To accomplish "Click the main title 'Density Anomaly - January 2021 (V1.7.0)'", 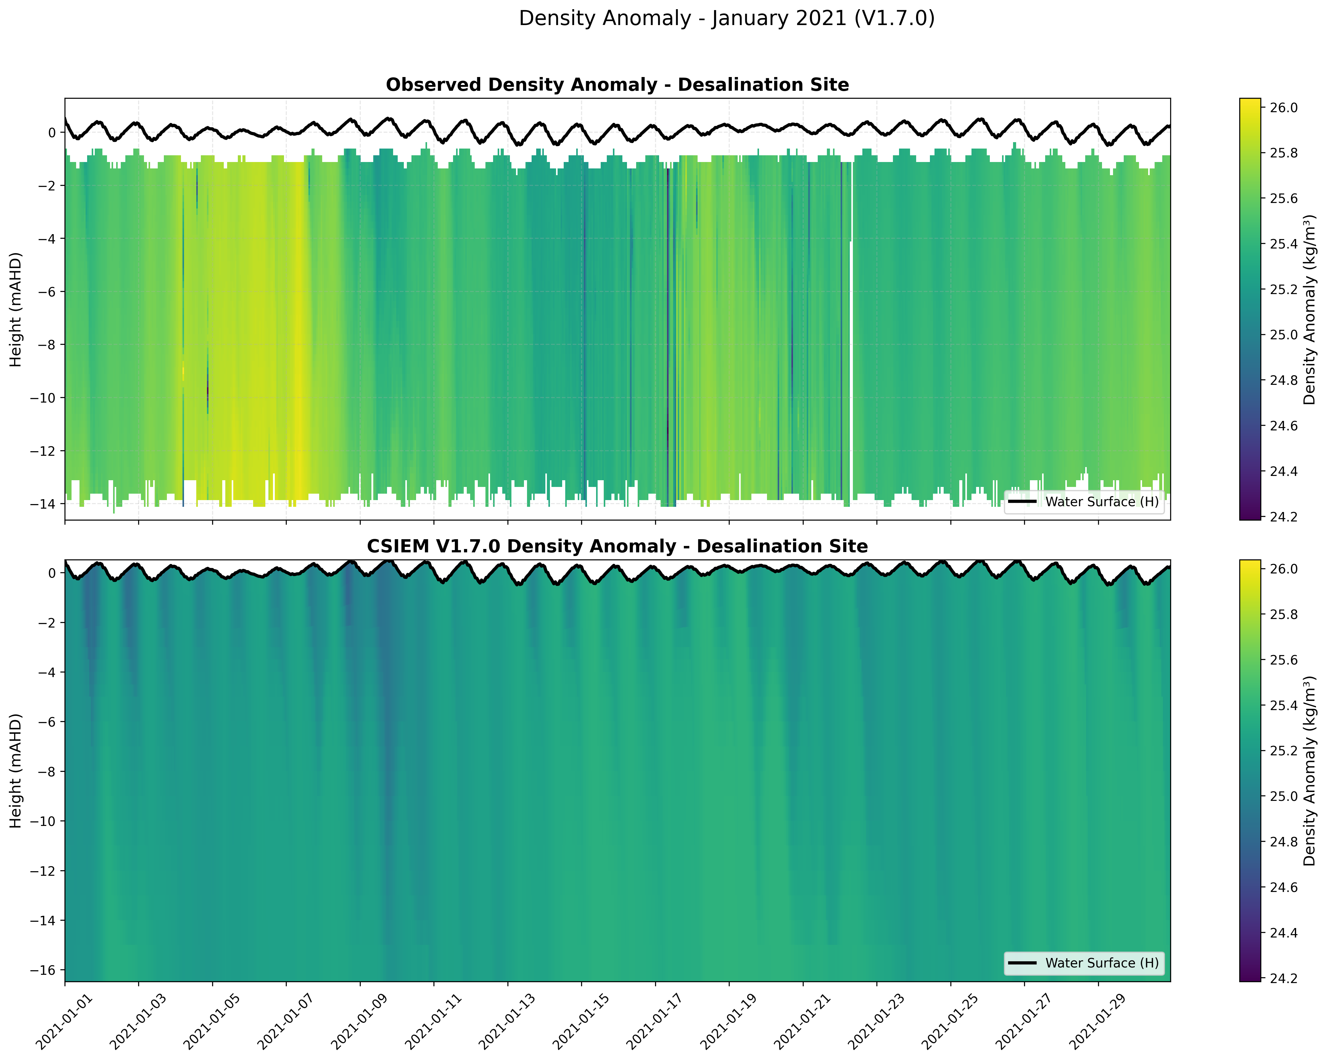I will [726, 18].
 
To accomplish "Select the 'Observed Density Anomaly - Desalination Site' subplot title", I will [617, 85].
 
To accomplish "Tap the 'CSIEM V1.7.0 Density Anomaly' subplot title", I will [617, 547].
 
